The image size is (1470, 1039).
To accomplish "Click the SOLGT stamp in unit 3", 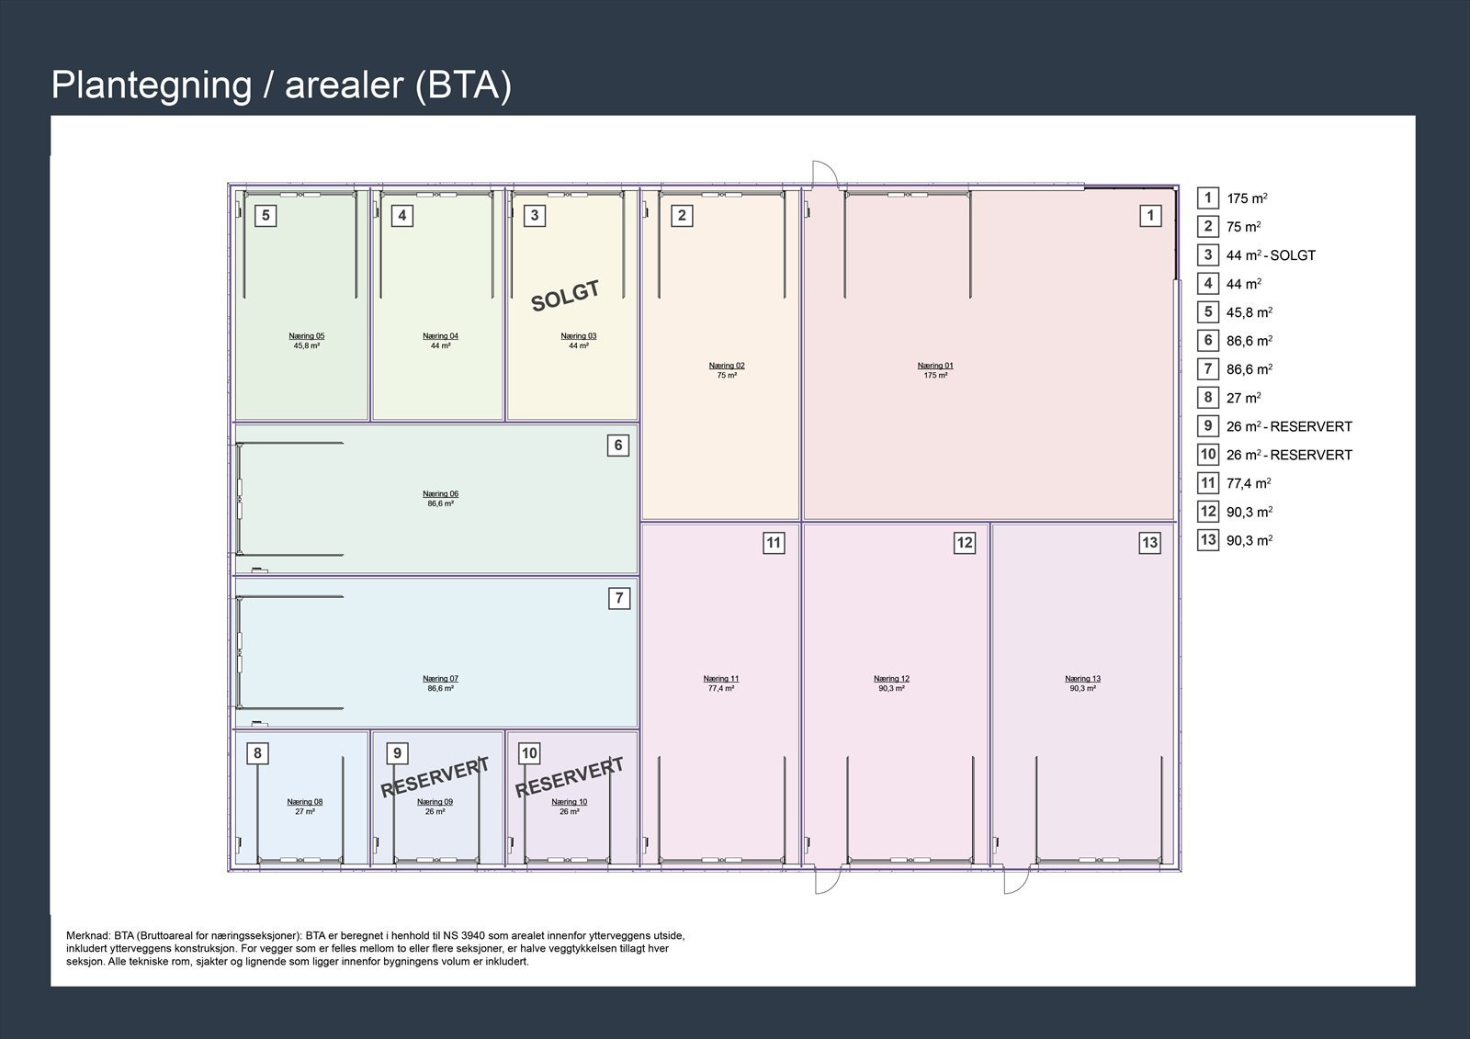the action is coord(565,296).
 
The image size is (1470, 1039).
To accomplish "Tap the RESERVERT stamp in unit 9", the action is coord(435,777).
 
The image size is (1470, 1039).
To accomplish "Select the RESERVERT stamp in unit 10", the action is coord(569,778).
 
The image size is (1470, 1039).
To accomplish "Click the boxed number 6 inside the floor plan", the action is coord(617,446).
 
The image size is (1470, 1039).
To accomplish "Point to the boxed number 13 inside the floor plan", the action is coord(1149,543).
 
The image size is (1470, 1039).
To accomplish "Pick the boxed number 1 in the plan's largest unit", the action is coord(1149,215).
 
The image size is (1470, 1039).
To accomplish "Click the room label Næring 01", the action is coord(935,366).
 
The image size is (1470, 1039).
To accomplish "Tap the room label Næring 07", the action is coord(440,679).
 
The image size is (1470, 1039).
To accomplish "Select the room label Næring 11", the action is coord(720,679).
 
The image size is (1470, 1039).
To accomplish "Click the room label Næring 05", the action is coord(307,336).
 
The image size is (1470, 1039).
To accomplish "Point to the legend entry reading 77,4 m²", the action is coord(1249,484).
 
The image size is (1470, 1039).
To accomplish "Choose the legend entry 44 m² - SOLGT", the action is coord(1271,255).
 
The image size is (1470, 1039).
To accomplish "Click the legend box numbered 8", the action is coord(1207,398).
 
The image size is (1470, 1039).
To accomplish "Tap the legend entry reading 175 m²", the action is coord(1247,198).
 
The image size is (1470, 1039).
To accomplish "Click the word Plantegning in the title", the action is coord(152,85).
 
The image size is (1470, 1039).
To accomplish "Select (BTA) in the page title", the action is coord(463,85).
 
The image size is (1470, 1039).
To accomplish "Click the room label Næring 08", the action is coord(304,801).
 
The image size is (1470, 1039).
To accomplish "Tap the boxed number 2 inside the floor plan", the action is coord(682,215).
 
